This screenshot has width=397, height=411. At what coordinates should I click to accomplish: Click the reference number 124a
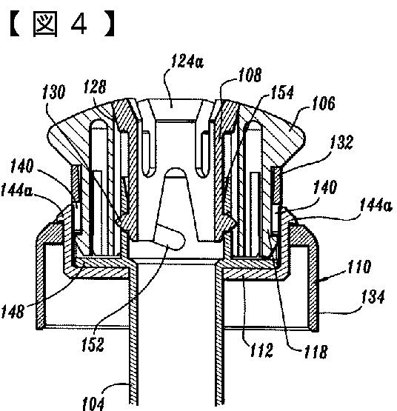(187, 61)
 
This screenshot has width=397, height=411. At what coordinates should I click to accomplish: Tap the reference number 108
(250, 75)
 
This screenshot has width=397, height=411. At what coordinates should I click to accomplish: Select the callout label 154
(282, 93)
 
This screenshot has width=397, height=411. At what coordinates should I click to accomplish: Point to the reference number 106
(324, 103)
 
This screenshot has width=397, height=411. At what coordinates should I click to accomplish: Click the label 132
(341, 142)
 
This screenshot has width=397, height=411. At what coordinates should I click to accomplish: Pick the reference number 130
(54, 92)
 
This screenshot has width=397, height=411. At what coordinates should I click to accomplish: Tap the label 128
(96, 87)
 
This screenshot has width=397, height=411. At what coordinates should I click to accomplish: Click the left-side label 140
(22, 166)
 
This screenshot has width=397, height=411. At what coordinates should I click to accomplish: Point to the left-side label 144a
(16, 190)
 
